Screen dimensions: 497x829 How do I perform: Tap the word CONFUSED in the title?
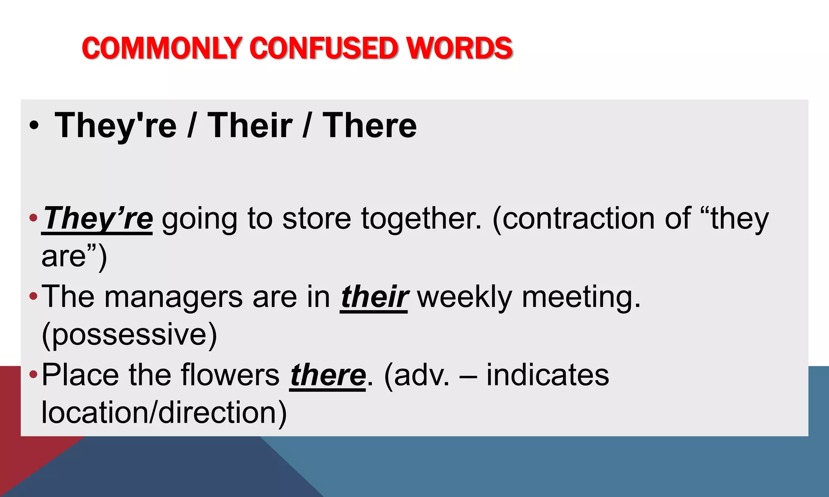324,48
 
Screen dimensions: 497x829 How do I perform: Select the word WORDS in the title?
459,48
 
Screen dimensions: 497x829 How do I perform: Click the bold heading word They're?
116,126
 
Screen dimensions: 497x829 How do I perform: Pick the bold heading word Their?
250,126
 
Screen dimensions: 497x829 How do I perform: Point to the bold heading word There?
370,126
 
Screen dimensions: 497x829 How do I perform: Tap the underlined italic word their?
374,297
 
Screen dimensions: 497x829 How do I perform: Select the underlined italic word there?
328,375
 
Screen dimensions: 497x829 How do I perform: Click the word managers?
174,297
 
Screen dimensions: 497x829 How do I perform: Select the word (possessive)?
130,335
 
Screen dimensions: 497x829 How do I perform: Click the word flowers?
230,375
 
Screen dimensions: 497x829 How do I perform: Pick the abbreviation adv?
417,375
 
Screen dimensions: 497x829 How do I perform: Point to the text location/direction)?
164,413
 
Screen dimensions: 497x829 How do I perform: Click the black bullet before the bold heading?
34,126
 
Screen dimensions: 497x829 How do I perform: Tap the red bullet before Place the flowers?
33,374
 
